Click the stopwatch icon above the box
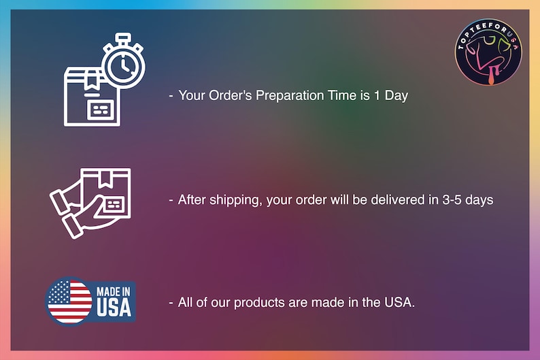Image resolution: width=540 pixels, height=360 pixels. click(x=123, y=63)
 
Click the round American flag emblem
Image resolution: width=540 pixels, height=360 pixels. click(x=69, y=301)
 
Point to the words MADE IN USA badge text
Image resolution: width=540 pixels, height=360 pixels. click(x=114, y=301)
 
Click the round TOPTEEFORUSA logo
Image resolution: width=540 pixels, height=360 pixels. click(x=488, y=52)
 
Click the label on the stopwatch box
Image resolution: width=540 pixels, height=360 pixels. click(x=102, y=108)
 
